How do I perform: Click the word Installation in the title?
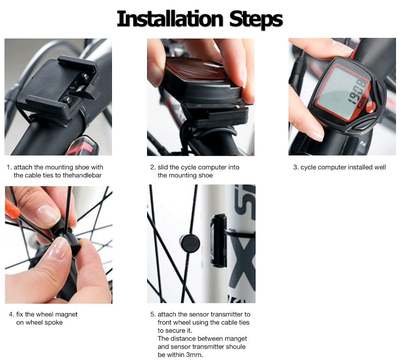[x=170, y=19]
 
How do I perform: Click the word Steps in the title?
[x=256, y=19]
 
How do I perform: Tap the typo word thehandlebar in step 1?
[x=80, y=175]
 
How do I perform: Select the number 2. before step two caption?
[x=153, y=167]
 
